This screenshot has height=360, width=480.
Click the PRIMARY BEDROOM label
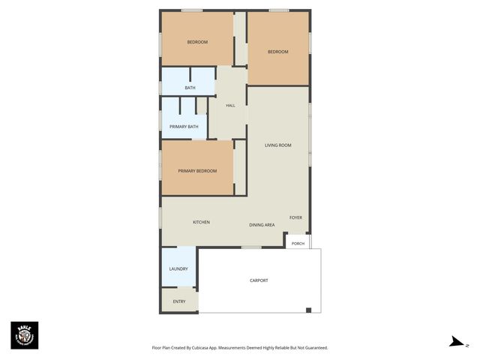[x=197, y=171]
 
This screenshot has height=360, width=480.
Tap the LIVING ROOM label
[x=277, y=145]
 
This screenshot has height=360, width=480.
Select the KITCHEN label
[x=201, y=222]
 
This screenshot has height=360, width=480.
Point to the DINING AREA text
[x=262, y=225]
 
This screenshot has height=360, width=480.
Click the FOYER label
[x=295, y=217]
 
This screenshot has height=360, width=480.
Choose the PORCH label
[x=298, y=243]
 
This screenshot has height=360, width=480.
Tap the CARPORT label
[x=259, y=280]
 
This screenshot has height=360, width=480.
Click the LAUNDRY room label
[x=178, y=268]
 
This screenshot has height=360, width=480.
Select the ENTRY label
[x=179, y=301]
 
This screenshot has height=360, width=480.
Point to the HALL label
[x=230, y=105]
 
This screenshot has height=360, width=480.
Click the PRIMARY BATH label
[x=184, y=127]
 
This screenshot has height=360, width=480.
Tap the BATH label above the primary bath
[x=190, y=88]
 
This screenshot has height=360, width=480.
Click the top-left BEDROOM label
[x=197, y=42]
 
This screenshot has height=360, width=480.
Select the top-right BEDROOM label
[x=278, y=52]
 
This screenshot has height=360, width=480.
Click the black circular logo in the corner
[x=24, y=335]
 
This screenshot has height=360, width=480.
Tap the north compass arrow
[x=456, y=342]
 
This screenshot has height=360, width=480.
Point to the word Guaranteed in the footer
[x=313, y=348]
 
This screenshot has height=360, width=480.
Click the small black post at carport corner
[x=308, y=310]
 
